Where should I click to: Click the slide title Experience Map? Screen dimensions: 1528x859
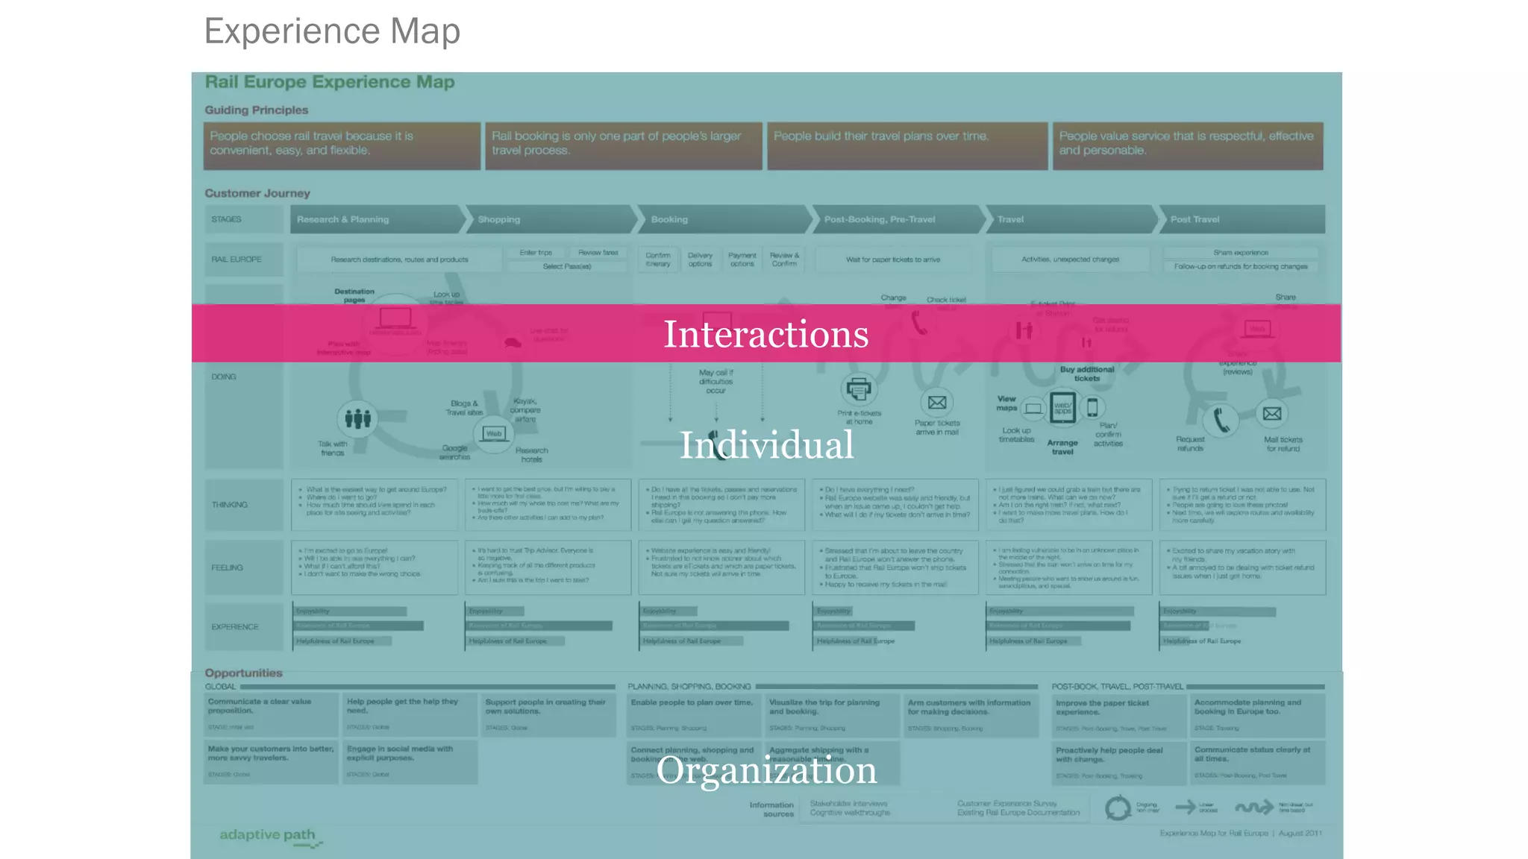332,31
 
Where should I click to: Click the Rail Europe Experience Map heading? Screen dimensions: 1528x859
329,82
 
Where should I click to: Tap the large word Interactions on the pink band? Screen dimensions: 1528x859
765,333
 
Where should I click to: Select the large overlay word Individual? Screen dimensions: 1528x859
766,444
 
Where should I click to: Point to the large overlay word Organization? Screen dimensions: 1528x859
766,770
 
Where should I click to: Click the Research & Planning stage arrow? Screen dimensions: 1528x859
377,219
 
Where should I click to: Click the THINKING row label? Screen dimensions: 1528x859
230,505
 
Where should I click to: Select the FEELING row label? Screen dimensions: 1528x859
228,567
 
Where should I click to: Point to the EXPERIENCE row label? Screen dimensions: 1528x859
235,627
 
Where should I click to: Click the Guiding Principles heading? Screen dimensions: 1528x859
256,110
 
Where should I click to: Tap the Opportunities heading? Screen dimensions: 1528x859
243,673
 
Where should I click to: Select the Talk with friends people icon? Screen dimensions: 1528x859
357,418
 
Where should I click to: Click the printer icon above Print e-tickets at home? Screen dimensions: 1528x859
859,388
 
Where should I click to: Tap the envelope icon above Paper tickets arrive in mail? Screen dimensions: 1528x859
937,403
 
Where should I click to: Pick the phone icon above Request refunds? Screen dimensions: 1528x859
1221,420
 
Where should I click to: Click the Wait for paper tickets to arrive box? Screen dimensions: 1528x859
893,259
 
